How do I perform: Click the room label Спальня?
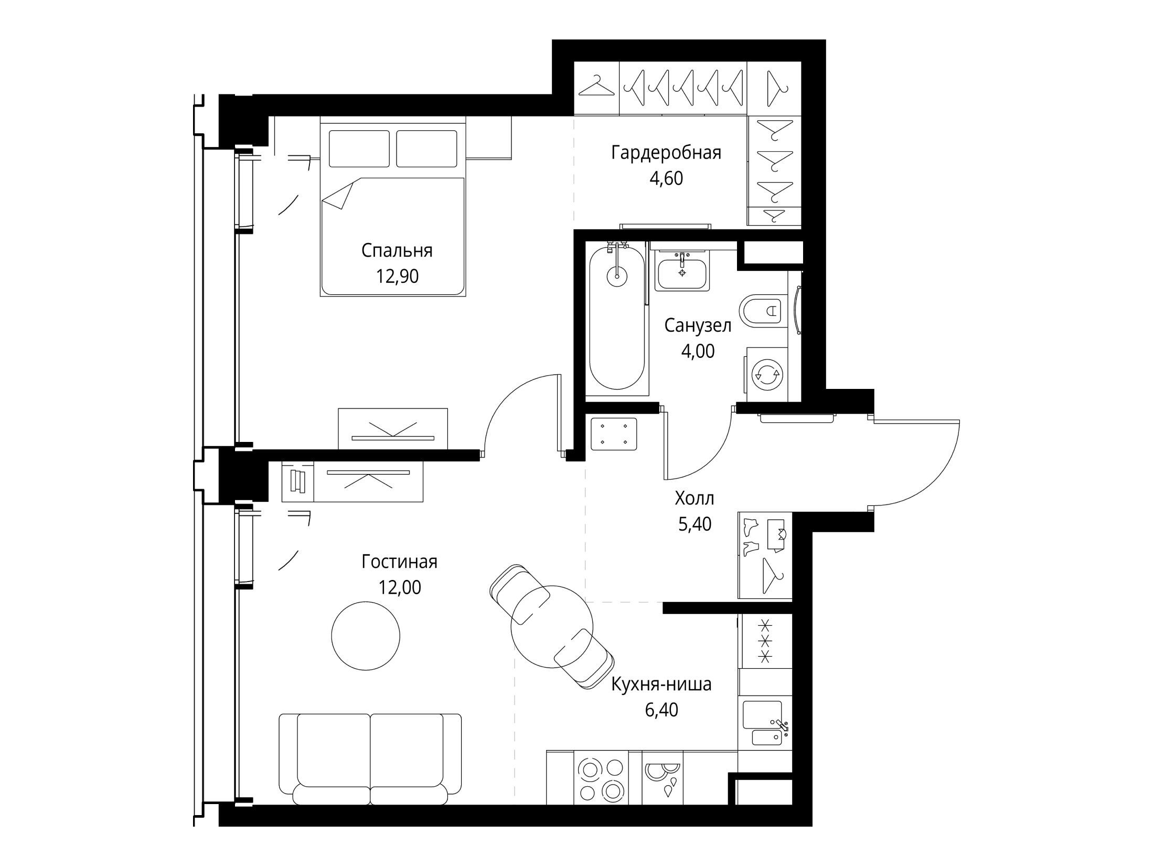(397, 251)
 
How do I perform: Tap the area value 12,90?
(397, 276)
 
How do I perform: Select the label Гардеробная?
(666, 153)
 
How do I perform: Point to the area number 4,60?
(666, 178)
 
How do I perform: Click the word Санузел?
(698, 326)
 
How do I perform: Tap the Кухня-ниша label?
(662, 685)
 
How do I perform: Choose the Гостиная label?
(399, 562)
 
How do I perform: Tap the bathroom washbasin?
(682, 270)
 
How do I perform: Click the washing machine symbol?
(766, 375)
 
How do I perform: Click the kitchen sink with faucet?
(765, 723)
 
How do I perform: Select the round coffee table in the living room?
(366, 636)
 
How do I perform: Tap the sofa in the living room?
(370, 759)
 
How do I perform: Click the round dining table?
(552, 627)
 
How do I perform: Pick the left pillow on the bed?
(359, 149)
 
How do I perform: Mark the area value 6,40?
(662, 710)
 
